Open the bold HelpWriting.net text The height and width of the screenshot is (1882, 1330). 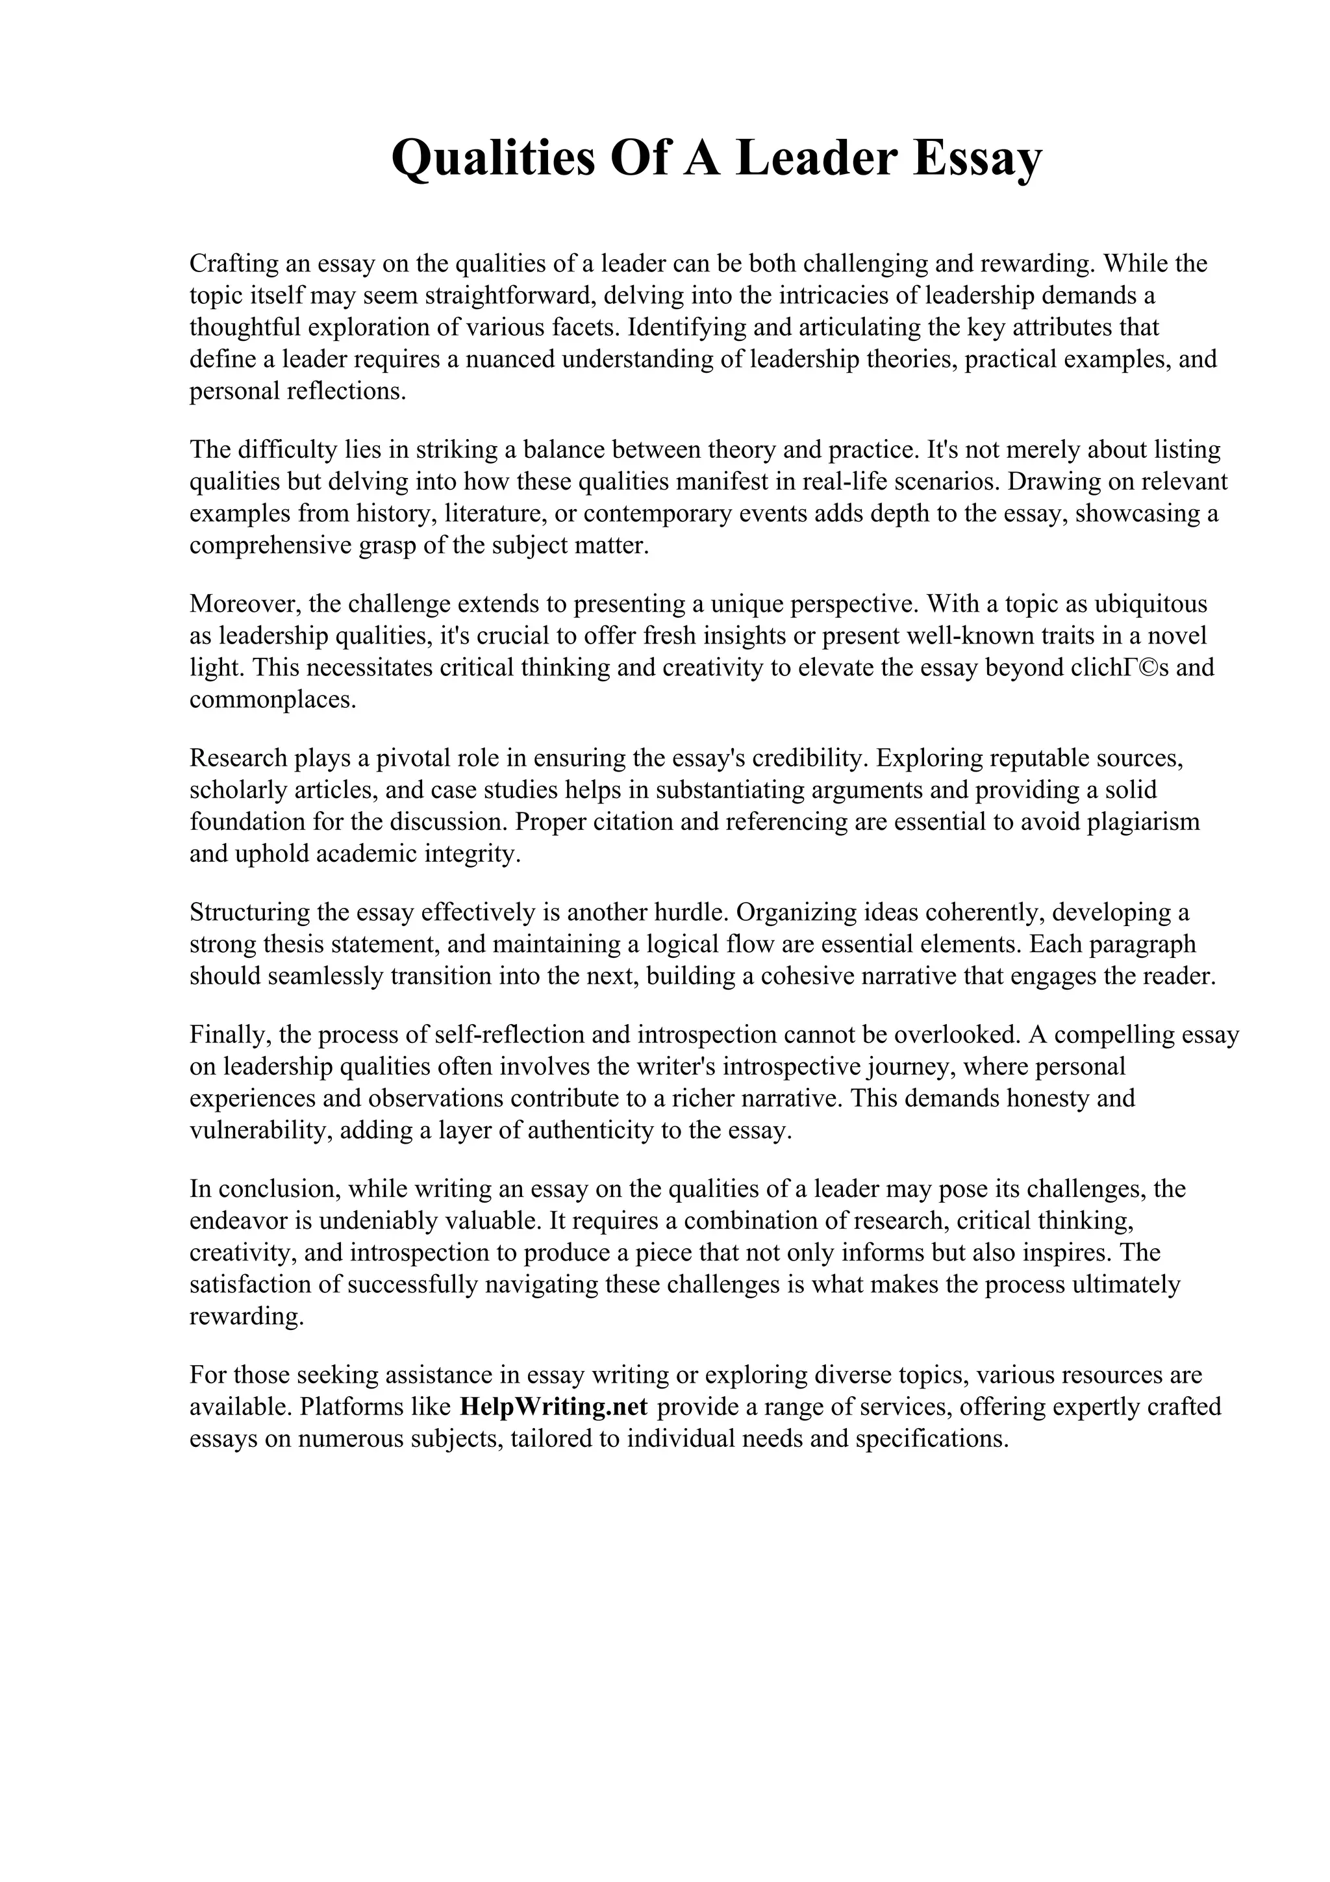(x=554, y=1407)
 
